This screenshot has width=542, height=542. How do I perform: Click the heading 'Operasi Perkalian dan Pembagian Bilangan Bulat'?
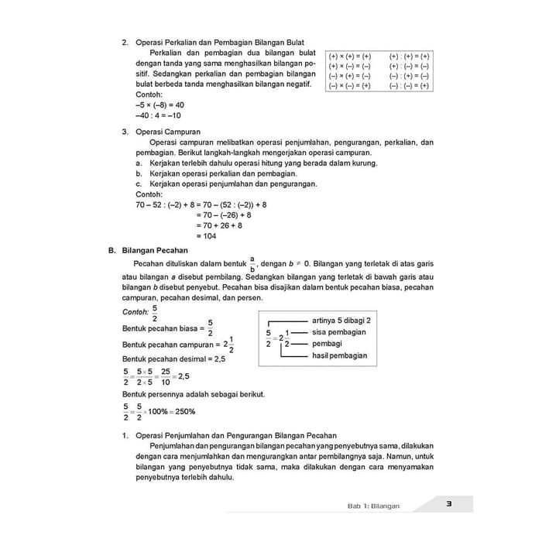tap(219, 42)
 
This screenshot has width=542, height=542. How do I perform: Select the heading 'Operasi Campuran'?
tap(168, 132)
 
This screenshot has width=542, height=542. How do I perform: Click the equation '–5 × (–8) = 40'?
tap(160, 105)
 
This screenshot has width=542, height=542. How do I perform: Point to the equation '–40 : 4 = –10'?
tap(158, 115)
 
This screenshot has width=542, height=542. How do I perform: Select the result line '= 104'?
tap(206, 237)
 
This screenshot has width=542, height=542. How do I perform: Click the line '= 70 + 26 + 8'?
tap(219, 226)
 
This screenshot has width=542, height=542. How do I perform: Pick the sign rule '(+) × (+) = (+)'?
tap(350, 57)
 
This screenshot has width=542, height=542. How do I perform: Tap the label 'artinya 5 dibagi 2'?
tap(341, 320)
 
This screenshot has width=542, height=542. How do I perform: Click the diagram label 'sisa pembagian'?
tap(339, 332)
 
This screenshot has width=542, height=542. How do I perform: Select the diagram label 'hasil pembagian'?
tap(340, 355)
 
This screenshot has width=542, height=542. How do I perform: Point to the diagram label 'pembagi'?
tap(327, 343)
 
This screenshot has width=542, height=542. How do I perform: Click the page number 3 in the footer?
tap(449, 506)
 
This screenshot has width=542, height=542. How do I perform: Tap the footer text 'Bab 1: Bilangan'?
tap(373, 506)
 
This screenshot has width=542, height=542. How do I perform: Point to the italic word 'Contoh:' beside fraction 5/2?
tap(136, 313)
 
